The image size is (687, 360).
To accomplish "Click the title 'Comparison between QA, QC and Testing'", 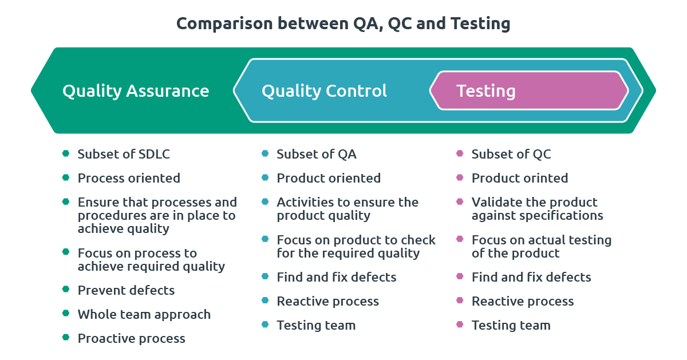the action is (343, 24).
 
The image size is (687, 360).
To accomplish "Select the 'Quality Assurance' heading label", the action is (136, 92).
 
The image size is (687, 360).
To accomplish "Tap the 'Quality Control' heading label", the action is (324, 92).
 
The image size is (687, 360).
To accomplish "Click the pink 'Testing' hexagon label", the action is (486, 92).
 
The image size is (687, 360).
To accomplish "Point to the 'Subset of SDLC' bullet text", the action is (124, 154).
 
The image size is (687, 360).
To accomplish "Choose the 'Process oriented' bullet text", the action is (129, 178).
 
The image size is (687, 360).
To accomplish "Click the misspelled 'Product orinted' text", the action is (520, 178).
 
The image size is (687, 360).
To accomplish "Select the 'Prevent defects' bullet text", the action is (126, 290).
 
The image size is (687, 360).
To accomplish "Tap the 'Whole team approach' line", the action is (144, 315).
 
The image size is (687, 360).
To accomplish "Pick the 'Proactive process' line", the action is (131, 338).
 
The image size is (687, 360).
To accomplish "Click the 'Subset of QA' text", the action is (317, 154).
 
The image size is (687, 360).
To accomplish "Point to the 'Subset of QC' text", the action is (511, 154).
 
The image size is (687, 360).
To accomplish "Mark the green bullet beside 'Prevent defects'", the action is (66, 289).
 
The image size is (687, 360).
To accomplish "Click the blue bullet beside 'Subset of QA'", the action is (265, 153).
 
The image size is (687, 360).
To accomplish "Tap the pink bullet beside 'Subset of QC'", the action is (460, 153).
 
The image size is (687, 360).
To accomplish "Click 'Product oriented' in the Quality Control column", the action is (329, 178).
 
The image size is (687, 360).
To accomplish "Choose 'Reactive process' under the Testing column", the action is (523, 302).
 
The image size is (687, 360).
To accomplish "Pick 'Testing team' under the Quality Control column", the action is (316, 325).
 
